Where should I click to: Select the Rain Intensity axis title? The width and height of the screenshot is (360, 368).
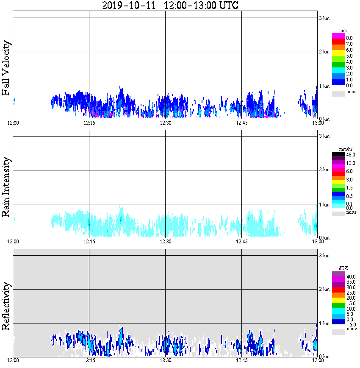tap(6, 187)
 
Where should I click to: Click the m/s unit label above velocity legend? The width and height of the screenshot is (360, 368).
tap(343, 31)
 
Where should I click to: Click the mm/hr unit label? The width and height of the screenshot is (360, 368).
tap(346, 149)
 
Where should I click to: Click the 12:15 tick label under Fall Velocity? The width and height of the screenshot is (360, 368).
tap(89, 123)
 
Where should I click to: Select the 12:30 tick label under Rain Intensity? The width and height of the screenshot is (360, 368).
tap(165, 242)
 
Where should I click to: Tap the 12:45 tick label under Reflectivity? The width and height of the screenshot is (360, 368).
tap(241, 360)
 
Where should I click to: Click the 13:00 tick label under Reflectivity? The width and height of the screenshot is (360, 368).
tap(317, 360)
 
